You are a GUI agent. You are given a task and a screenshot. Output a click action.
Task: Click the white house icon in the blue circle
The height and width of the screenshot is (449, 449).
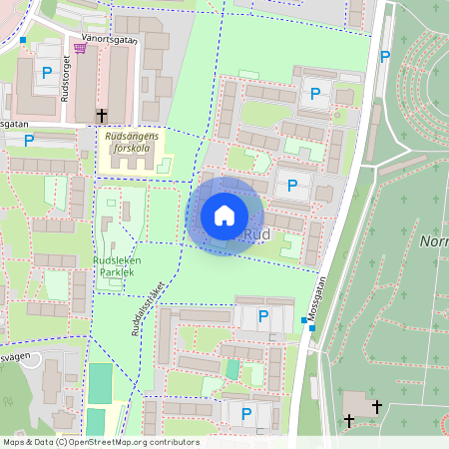(x=224, y=215)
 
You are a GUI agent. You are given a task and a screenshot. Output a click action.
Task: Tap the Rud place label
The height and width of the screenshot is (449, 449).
(x=257, y=234)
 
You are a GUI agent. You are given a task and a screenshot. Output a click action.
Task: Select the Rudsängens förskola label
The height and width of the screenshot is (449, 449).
(x=133, y=144)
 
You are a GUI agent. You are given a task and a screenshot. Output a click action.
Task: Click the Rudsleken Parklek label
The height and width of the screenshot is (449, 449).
(x=117, y=266)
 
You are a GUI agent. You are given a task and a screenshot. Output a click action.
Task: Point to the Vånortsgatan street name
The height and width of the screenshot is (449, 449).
(x=110, y=39)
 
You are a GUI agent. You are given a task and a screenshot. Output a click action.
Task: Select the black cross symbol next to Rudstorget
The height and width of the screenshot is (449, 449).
(x=102, y=116)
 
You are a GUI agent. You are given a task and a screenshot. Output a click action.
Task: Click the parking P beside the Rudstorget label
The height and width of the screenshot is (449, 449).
(x=47, y=72)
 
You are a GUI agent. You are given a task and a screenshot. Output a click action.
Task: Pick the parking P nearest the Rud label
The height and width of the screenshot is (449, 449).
(x=292, y=185)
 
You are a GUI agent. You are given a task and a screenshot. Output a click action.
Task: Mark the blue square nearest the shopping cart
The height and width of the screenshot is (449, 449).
(x=23, y=40)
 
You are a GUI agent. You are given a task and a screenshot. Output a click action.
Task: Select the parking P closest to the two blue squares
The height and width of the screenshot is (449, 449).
(x=263, y=316)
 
